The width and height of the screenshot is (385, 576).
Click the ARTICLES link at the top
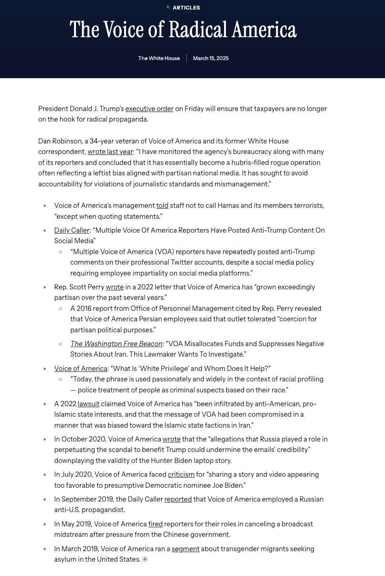pyautogui.click(x=186, y=8)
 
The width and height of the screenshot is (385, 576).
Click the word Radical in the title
pyautogui.click(x=198, y=30)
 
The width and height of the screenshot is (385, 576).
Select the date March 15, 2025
pyautogui.click(x=211, y=58)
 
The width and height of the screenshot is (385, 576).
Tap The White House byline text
pyautogui.click(x=159, y=58)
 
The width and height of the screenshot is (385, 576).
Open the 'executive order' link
pyautogui.click(x=149, y=109)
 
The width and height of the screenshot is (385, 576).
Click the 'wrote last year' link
pyautogui.click(x=110, y=152)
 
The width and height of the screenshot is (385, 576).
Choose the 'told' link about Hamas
pyautogui.click(x=162, y=206)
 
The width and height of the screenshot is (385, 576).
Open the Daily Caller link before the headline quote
pyautogui.click(x=72, y=230)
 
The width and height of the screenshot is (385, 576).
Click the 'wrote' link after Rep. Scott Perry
pyautogui.click(x=115, y=287)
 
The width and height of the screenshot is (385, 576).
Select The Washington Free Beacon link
pyautogui.click(x=116, y=344)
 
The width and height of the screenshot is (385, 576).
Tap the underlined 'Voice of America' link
pyautogui.click(x=80, y=369)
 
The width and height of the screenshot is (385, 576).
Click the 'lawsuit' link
pyautogui.click(x=88, y=404)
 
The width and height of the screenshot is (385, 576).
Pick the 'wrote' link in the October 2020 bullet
pyautogui.click(x=171, y=439)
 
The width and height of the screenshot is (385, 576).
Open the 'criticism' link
pyautogui.click(x=181, y=474)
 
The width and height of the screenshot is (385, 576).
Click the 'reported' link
pyautogui.click(x=178, y=499)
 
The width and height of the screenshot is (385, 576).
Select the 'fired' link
pyautogui.click(x=155, y=524)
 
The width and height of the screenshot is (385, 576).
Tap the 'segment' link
pyautogui.click(x=185, y=549)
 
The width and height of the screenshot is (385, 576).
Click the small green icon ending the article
pyautogui.click(x=145, y=559)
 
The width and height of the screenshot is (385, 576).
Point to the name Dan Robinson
pyautogui.click(x=60, y=141)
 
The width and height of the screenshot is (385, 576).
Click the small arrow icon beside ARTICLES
pyautogui.click(x=168, y=8)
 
